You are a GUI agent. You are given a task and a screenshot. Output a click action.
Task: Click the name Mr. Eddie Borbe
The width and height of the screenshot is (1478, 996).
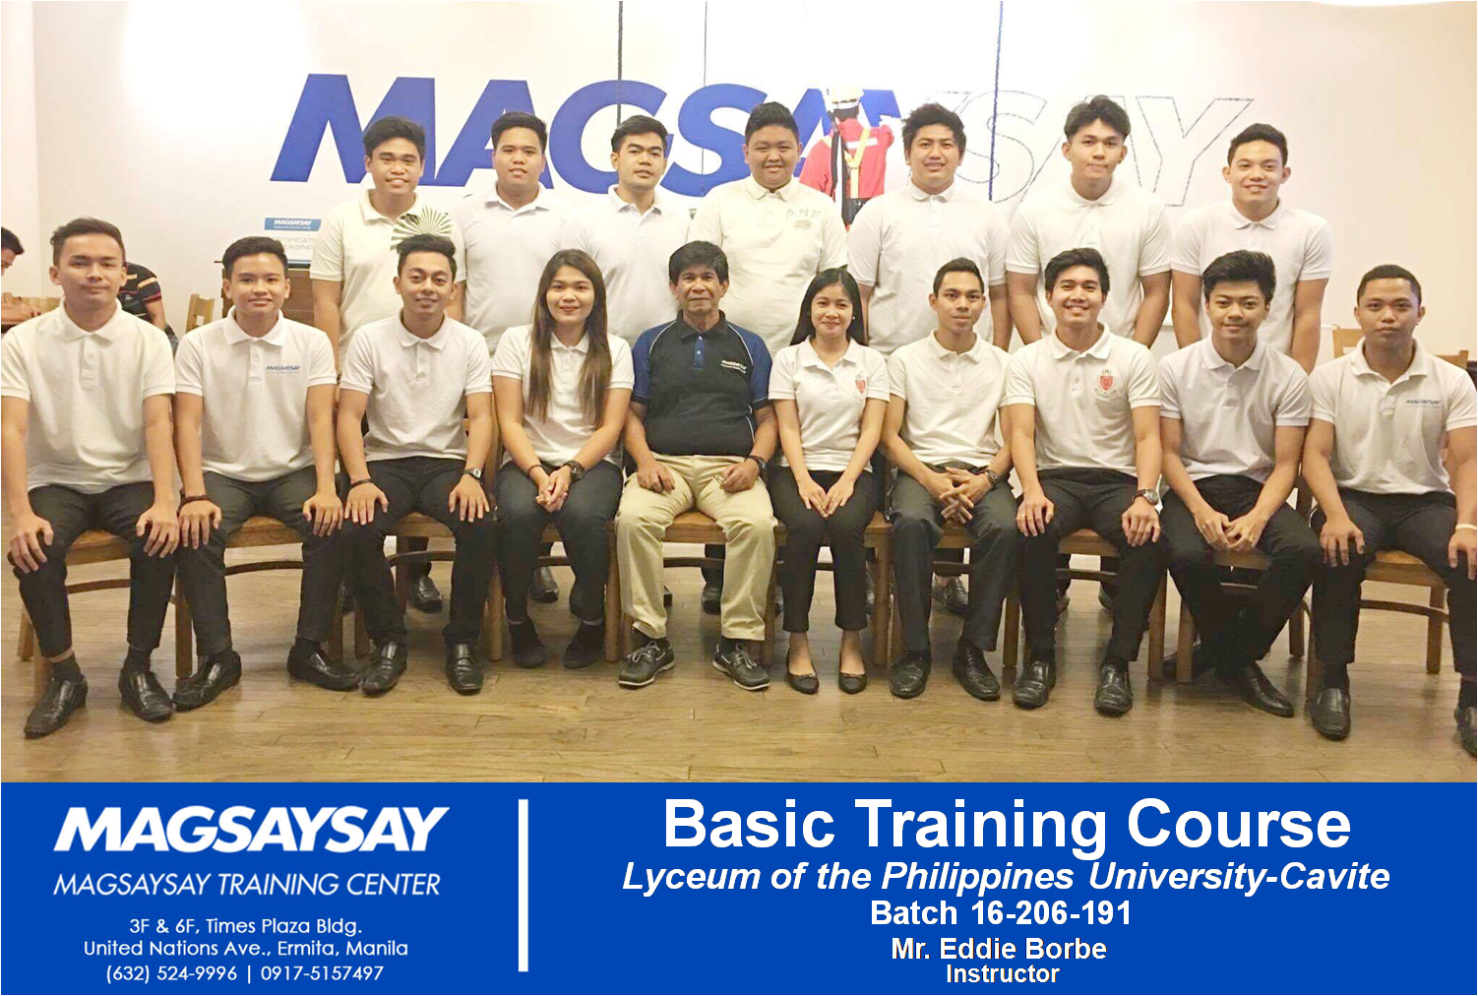(x=999, y=949)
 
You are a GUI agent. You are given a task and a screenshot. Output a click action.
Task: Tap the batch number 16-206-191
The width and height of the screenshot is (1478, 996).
(x=1050, y=913)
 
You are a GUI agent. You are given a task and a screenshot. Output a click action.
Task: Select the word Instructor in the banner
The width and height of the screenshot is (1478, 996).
(x=1003, y=973)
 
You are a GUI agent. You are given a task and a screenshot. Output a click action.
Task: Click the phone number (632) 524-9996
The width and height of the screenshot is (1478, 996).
(x=171, y=973)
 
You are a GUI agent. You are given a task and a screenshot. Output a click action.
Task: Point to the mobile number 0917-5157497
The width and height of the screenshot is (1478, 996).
(x=322, y=973)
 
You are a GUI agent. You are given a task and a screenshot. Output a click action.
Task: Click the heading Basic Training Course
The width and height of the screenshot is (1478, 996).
(x=1008, y=825)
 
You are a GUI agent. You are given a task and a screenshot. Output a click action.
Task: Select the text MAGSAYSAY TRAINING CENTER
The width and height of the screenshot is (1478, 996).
(x=247, y=884)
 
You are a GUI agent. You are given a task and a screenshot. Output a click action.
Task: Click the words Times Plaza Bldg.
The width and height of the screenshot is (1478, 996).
(x=283, y=926)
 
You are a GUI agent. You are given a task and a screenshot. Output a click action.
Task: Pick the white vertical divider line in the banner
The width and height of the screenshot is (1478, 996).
(x=523, y=885)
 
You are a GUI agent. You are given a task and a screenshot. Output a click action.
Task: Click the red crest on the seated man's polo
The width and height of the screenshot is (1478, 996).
(x=1105, y=384)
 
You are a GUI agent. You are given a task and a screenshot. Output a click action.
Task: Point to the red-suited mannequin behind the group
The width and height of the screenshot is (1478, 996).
(x=847, y=149)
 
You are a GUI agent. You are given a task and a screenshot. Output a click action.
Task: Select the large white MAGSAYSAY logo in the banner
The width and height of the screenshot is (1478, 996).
(x=251, y=829)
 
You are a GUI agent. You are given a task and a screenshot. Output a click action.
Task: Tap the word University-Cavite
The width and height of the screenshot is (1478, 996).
(x=1239, y=877)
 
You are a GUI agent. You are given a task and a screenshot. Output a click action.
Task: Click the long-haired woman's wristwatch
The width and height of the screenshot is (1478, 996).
(x=575, y=468)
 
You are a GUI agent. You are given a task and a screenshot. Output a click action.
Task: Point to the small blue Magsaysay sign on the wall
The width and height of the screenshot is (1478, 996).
(x=291, y=223)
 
